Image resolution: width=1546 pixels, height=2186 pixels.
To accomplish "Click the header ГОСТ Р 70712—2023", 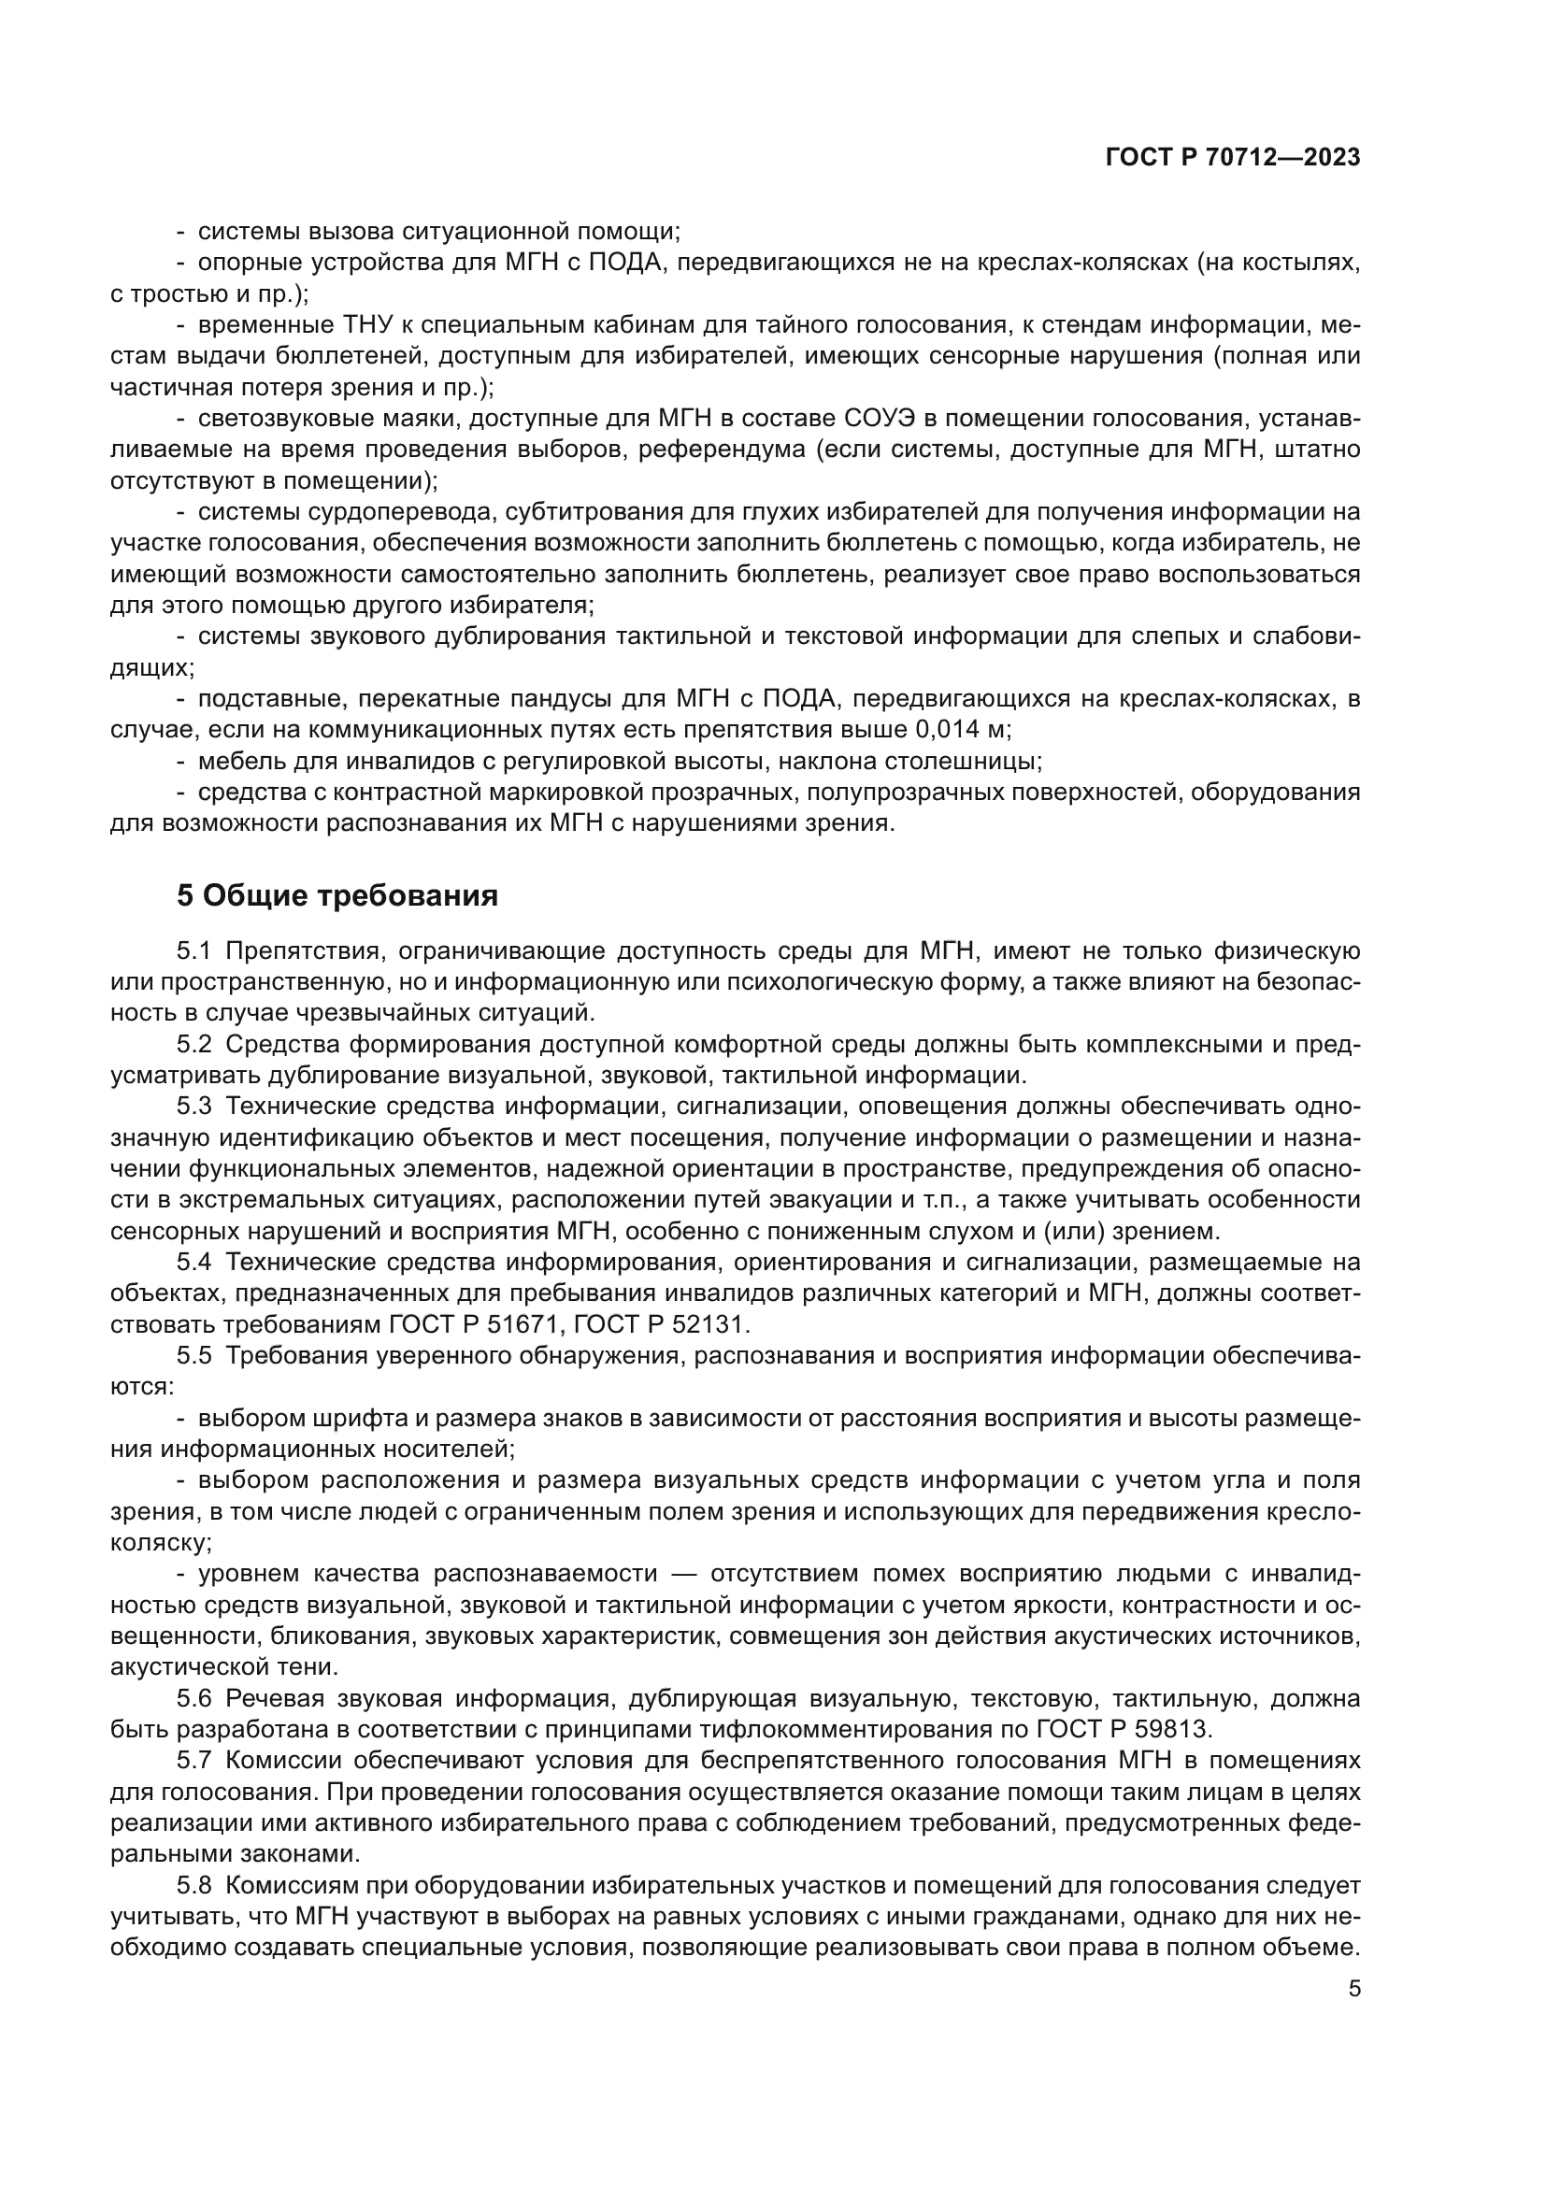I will click(x=1232, y=158).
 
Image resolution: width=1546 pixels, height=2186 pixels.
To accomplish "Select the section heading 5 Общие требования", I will click(x=337, y=896).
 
